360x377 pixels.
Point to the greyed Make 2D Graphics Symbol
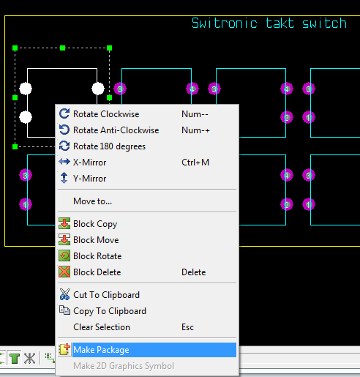[x=124, y=366]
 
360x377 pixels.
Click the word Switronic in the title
[x=225, y=23]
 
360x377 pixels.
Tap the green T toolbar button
[x=15, y=358]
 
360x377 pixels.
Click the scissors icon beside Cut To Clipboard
[x=64, y=294]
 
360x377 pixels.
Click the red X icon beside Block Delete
[x=64, y=272]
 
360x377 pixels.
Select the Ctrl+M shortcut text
[x=195, y=163]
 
